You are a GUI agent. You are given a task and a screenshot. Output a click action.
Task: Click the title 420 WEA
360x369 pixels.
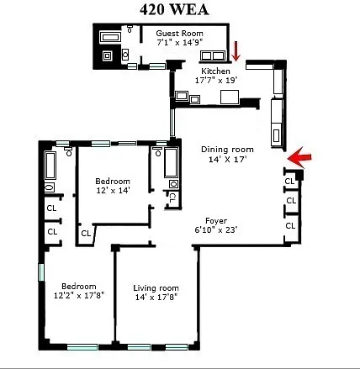pyautogui.click(x=174, y=10)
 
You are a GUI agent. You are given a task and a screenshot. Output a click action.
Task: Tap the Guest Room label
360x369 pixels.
pyautogui.click(x=179, y=34)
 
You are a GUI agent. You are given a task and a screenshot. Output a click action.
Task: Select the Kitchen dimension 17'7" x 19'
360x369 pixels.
pyautogui.click(x=216, y=81)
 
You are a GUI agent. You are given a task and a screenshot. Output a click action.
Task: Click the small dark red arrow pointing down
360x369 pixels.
pyautogui.click(x=236, y=51)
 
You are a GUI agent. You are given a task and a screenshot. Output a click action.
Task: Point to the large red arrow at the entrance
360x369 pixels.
pyautogui.click(x=299, y=158)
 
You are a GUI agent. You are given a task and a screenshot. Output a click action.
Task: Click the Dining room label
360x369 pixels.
pyautogui.click(x=227, y=150)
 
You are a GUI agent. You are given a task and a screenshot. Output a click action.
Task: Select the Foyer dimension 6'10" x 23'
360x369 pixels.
pyautogui.click(x=216, y=230)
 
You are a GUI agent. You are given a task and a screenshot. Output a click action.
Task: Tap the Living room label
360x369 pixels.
pyautogui.click(x=156, y=288)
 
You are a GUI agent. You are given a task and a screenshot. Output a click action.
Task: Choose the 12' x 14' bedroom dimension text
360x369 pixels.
pyautogui.click(x=113, y=191)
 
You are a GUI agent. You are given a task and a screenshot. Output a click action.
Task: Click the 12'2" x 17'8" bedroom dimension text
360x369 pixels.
pyautogui.click(x=79, y=296)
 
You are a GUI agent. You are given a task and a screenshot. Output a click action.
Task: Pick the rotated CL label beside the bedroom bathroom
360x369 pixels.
pyautogui.click(x=172, y=198)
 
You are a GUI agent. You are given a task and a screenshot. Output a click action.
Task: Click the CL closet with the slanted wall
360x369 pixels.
pyautogui.click(x=86, y=234)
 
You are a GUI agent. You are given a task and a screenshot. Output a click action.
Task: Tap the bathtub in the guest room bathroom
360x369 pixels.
pyautogui.click(x=110, y=38)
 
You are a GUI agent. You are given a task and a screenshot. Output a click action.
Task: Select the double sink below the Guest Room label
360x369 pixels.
pyautogui.click(x=212, y=55)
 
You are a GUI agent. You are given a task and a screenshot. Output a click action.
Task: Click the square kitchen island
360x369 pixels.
pyautogui.click(x=230, y=98)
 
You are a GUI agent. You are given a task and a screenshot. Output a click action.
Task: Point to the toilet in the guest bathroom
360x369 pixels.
pyautogui.click(x=130, y=29)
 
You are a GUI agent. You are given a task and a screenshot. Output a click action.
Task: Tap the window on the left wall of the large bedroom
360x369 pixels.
pyautogui.click(x=41, y=272)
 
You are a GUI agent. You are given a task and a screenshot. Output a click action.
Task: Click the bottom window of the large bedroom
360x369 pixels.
pyautogui.click(x=82, y=347)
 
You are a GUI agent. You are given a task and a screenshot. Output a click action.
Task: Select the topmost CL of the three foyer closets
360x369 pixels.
pyautogui.click(x=289, y=182)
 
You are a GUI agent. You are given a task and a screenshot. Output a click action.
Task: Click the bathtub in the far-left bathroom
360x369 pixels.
pyautogui.click(x=50, y=166)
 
